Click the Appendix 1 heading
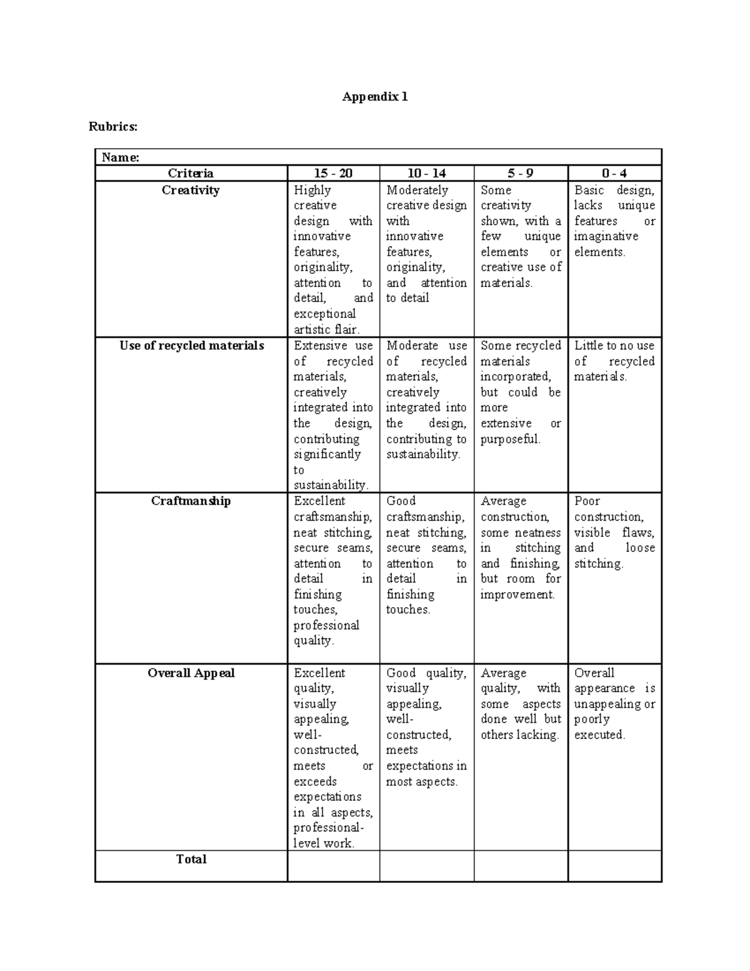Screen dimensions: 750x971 tap(374, 97)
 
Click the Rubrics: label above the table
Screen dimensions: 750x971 tap(112, 127)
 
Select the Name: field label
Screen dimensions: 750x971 tap(120, 158)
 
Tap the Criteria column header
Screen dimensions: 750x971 tap(191, 174)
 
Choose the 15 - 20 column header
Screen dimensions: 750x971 tap(333, 174)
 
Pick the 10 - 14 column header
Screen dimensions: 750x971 tap(426, 174)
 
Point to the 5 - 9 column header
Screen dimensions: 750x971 tap(520, 174)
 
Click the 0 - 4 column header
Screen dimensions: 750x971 tap(614, 174)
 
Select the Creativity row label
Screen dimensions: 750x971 tap(191, 190)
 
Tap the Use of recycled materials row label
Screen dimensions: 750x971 tap(191, 346)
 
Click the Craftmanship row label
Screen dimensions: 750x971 tap(191, 501)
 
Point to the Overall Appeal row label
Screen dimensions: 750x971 tap(191, 673)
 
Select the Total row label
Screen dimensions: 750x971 tap(191, 859)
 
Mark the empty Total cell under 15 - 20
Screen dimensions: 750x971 tap(333, 866)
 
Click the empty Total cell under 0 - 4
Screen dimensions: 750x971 tap(614, 866)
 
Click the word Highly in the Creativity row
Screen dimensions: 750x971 tap(312, 190)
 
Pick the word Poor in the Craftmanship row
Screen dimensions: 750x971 tap(587, 501)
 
